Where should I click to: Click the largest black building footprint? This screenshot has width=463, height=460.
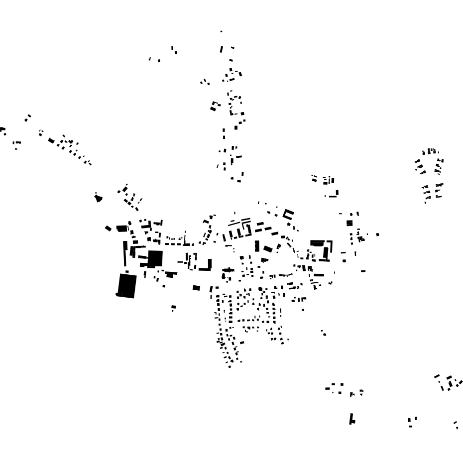click(x=127, y=286)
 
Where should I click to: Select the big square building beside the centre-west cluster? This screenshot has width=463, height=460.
click(x=155, y=258)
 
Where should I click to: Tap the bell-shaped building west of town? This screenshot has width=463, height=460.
click(x=98, y=198)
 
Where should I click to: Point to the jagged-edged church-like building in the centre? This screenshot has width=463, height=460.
click(x=228, y=270)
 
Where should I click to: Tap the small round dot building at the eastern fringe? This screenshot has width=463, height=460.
click(x=377, y=234)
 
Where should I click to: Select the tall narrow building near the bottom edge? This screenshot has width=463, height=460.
click(x=352, y=419)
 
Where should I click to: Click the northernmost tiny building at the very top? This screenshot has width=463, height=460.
click(x=222, y=31)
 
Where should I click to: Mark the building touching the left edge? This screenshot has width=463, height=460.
click(x=2, y=130)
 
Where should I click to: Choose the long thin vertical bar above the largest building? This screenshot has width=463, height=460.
click(x=125, y=253)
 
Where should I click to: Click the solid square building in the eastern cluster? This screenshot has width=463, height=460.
click(x=349, y=223)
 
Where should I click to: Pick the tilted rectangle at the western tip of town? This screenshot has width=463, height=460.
click(x=108, y=229)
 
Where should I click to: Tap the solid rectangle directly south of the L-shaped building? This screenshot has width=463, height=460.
click(x=196, y=288)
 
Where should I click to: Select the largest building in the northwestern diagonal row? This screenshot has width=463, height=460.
click(x=51, y=140)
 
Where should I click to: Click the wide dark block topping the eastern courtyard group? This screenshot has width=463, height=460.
click(x=317, y=243)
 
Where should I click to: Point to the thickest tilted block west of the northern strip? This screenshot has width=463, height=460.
click(x=215, y=106)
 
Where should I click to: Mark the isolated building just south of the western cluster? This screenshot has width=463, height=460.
click(x=173, y=307)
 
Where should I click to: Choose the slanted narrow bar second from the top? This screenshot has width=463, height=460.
click(x=222, y=49)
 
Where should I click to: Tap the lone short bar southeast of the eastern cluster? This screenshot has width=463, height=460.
click(x=363, y=271)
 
